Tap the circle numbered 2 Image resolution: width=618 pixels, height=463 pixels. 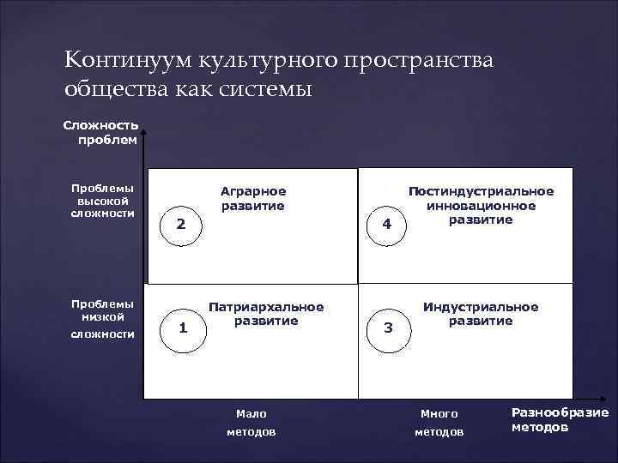[x=181, y=225]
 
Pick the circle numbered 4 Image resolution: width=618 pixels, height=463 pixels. [x=387, y=225]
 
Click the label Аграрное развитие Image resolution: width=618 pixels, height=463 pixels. [x=253, y=198]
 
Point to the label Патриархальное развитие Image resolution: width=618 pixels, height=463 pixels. [x=267, y=314]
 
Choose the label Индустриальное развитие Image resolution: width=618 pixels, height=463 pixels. [x=481, y=314]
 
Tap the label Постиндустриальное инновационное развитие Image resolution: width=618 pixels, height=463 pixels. [x=481, y=206]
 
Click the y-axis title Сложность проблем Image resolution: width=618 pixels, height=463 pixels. [x=100, y=133]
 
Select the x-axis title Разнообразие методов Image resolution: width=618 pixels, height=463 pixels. [x=560, y=419]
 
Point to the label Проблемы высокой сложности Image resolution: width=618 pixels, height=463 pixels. [x=102, y=200]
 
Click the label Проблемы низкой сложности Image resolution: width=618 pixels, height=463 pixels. [x=102, y=318]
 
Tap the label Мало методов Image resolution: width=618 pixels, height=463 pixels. [x=251, y=423]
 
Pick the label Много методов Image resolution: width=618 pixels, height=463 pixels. [x=439, y=423]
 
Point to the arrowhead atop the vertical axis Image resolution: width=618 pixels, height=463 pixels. [x=144, y=132]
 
